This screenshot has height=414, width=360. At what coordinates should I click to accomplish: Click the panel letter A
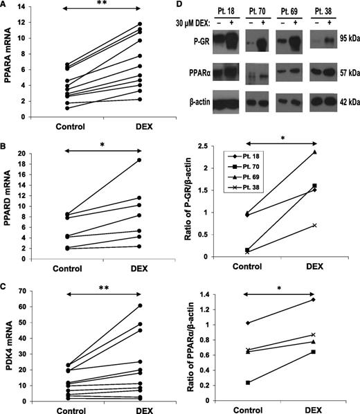click(x=5, y=6)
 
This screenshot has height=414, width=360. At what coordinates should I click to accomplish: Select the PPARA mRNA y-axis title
click(x=8, y=61)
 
